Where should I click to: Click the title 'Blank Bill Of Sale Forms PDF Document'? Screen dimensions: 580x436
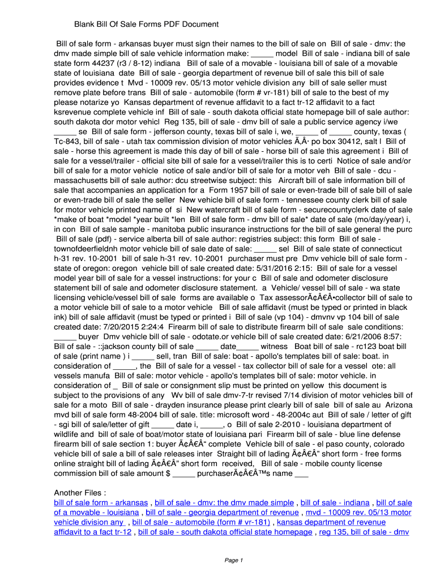pyautogui.click(x=146, y=24)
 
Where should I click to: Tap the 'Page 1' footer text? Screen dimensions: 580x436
pyautogui.click(x=233, y=561)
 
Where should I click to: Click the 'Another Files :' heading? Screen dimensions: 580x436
pyautogui.click(x=80, y=492)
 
